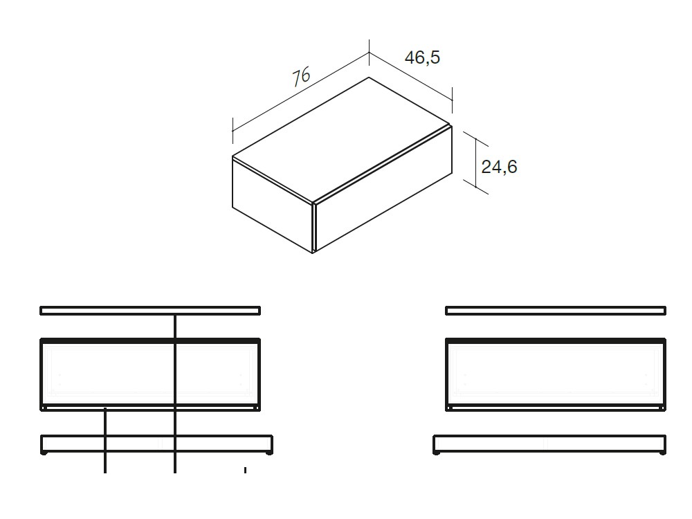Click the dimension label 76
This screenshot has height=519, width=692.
pyautogui.click(x=301, y=75)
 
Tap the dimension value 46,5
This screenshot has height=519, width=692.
pyautogui.click(x=422, y=57)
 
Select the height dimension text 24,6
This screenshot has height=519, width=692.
pyautogui.click(x=500, y=167)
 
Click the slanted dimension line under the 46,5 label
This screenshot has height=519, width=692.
pyautogui.click(x=410, y=76)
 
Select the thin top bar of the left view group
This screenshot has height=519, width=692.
pyautogui.click(x=150, y=311)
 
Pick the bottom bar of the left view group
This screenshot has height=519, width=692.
pyautogui.click(x=156, y=444)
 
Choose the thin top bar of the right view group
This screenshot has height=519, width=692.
pyautogui.click(x=556, y=311)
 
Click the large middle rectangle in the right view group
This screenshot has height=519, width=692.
pyautogui.click(x=556, y=374)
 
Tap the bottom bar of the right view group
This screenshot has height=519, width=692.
pyautogui.click(x=549, y=444)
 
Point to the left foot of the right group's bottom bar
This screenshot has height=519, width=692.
pyautogui.click(x=437, y=454)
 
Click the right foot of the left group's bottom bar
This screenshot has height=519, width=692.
pyautogui.click(x=268, y=454)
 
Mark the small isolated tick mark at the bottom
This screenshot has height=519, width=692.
pyautogui.click(x=245, y=471)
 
